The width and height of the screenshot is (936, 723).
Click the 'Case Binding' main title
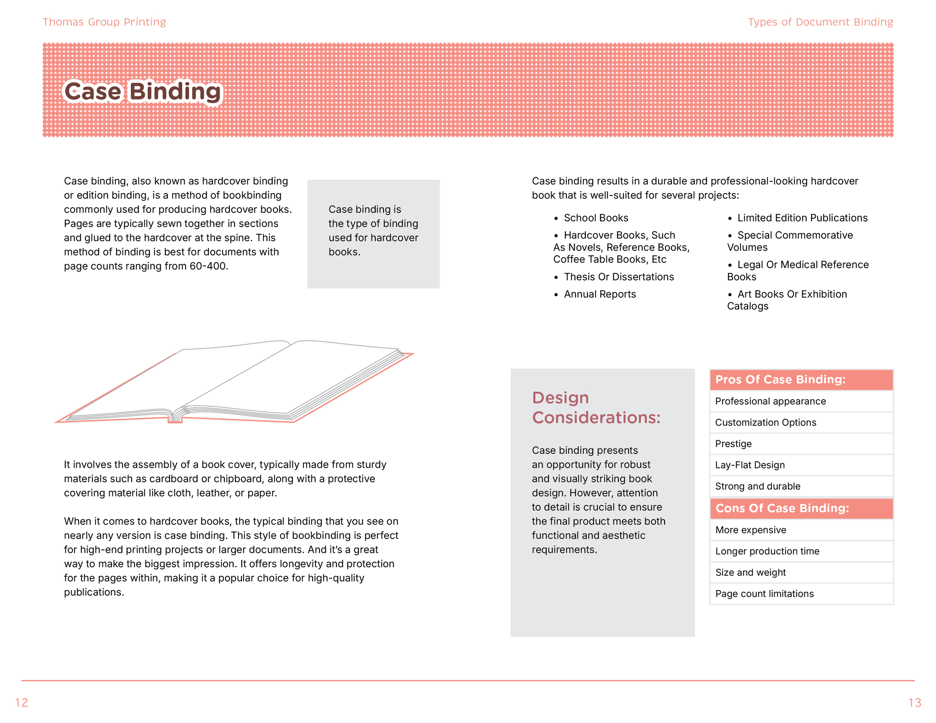coord(143,91)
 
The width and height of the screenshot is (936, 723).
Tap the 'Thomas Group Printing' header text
coord(104,22)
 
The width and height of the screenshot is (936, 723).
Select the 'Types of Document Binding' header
coord(820,22)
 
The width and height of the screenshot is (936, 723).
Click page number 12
coord(22,702)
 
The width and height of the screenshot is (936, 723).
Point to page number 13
coord(915,702)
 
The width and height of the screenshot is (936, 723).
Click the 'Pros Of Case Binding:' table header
coord(780,380)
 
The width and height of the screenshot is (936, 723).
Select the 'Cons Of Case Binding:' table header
coord(782,508)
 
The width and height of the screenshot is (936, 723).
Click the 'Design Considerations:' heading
coord(596,407)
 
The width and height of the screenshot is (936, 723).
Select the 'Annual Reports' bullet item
coord(600,294)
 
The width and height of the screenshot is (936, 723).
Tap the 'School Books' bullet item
coord(596,218)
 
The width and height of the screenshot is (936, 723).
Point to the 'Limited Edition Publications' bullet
coord(802,218)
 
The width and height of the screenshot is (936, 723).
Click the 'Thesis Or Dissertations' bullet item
coord(619,277)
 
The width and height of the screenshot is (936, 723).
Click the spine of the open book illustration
coord(175,417)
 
